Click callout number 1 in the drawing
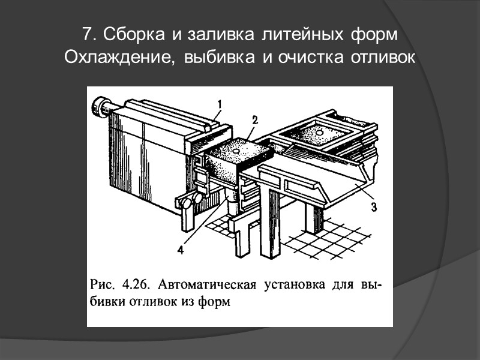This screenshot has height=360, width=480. [220, 104]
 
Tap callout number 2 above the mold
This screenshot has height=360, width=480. [254, 120]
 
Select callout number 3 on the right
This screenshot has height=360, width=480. [373, 208]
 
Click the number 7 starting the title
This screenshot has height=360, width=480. [87, 34]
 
